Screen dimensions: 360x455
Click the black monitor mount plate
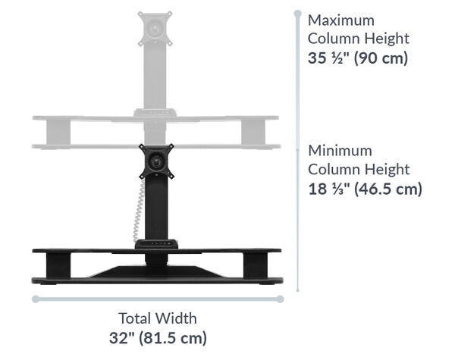(158, 160)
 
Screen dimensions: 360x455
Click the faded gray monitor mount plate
(155, 28)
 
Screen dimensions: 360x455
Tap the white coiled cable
(138, 211)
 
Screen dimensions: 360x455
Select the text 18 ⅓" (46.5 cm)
(365, 189)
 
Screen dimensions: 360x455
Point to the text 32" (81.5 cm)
(157, 337)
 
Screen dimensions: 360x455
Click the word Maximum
(341, 20)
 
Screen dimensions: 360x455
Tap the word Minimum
(340, 151)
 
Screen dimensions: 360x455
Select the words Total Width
(157, 318)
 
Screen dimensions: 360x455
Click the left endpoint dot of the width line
(35, 299)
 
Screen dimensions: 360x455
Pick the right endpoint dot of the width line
(280, 299)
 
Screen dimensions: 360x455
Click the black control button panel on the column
(157, 244)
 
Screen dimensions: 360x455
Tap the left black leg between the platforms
(58, 265)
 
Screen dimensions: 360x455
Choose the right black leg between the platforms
(255, 265)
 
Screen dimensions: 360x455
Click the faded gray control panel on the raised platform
(155, 113)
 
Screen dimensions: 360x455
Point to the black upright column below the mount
(156, 208)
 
